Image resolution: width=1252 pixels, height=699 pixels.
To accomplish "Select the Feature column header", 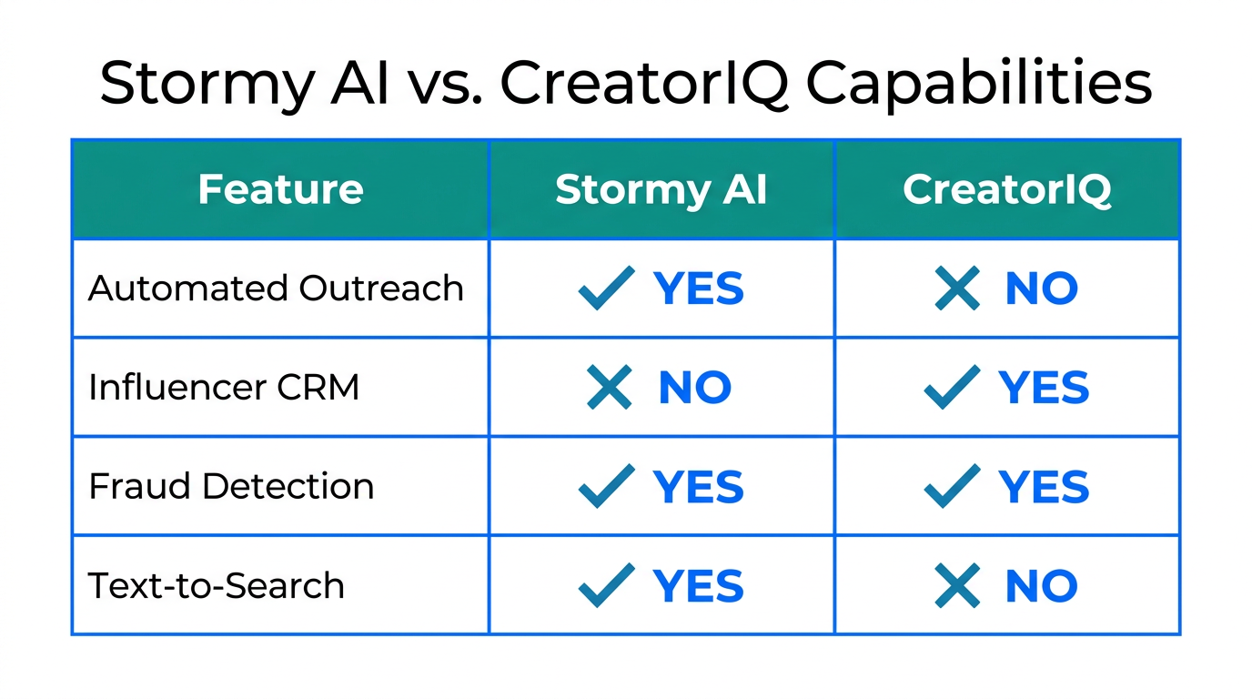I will pyautogui.click(x=280, y=189).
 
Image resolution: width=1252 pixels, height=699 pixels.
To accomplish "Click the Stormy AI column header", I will pyautogui.click(x=661, y=189).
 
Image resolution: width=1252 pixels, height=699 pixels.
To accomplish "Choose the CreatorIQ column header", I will pyautogui.click(x=1006, y=189).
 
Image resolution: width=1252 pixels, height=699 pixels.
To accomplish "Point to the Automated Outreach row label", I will pyautogui.click(x=276, y=289).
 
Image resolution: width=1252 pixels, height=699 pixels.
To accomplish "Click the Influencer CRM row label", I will pyautogui.click(x=224, y=387).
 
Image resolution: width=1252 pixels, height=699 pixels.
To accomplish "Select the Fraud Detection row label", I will pyautogui.click(x=231, y=486).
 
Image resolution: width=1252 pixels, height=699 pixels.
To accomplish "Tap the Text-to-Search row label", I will pyautogui.click(x=217, y=585).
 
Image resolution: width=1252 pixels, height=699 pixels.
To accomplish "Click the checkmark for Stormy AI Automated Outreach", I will pyautogui.click(x=607, y=289).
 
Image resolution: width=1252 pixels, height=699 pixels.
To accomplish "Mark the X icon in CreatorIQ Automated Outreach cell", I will pyautogui.click(x=957, y=289).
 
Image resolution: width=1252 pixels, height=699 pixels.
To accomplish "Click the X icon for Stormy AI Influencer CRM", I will pyautogui.click(x=610, y=388).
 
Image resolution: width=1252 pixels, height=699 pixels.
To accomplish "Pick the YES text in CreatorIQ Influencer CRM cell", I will pyautogui.click(x=1044, y=388).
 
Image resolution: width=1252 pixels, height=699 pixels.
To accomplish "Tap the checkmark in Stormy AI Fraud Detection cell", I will pyautogui.click(x=607, y=486).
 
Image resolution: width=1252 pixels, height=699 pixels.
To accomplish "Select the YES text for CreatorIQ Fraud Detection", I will pyautogui.click(x=1044, y=487).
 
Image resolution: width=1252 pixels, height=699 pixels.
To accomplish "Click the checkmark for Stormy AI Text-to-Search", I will pyautogui.click(x=607, y=585).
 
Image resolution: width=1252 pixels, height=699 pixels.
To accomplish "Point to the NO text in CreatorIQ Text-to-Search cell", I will pyautogui.click(x=1041, y=586).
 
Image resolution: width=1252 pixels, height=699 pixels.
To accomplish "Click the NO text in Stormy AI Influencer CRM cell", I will pyautogui.click(x=694, y=388).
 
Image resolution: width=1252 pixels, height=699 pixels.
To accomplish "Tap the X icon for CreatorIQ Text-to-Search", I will pyautogui.click(x=957, y=586).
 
